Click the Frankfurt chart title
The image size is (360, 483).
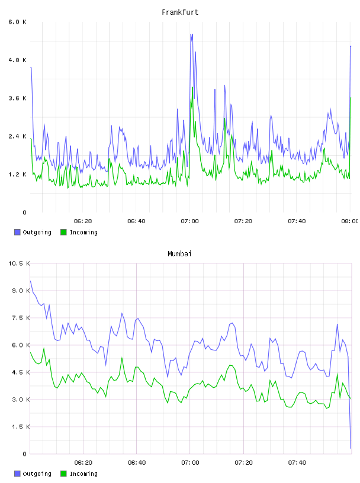click(x=180, y=12)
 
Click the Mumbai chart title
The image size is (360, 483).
click(x=179, y=254)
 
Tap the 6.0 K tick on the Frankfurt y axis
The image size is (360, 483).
click(x=18, y=22)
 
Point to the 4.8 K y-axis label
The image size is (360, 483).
click(x=18, y=60)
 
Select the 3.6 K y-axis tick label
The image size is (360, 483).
click(x=18, y=98)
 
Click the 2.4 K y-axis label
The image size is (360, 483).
click(x=18, y=137)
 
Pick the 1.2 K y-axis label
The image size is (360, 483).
click(x=18, y=175)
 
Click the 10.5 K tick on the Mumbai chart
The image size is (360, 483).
click(x=19, y=263)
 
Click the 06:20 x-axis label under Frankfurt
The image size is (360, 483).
click(x=83, y=221)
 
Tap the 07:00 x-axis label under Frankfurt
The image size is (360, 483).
click(x=190, y=221)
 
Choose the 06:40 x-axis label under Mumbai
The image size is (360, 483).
click(x=137, y=463)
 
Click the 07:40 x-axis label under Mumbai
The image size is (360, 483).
click(x=297, y=463)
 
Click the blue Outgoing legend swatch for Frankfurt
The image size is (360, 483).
click(x=17, y=232)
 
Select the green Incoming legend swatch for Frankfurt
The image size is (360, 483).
click(x=63, y=232)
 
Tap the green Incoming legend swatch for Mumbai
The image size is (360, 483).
click(x=63, y=474)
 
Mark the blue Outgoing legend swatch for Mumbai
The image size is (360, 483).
click(x=17, y=474)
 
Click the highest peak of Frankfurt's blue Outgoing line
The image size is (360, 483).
click(x=191, y=34)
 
